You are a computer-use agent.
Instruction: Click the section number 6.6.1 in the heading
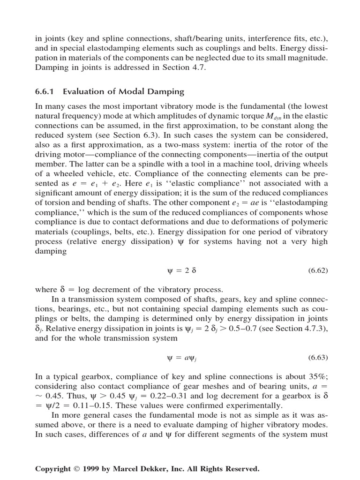45,91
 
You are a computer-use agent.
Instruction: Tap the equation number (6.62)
317,271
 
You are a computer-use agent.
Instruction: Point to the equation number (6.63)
317,358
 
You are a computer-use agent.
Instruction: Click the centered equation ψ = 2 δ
180,271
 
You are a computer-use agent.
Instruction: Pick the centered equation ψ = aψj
180,358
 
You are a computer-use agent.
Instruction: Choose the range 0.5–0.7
229,328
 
